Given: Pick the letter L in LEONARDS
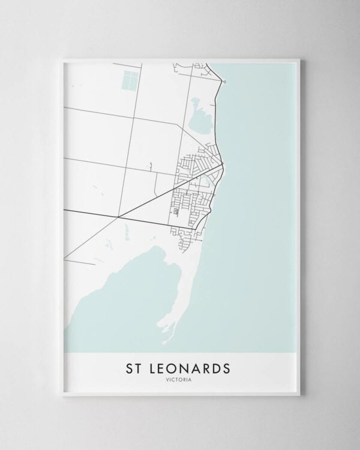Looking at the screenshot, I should point(151,367).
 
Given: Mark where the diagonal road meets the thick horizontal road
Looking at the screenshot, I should point(118,216).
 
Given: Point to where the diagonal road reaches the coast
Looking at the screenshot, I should point(223,164).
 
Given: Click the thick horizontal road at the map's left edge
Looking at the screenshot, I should point(66,210).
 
